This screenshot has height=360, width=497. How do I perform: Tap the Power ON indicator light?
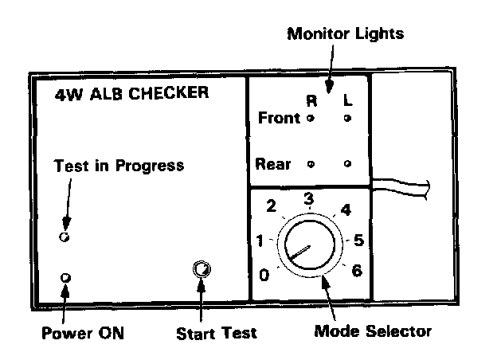point(66,277)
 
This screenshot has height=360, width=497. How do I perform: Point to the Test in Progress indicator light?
point(65,237)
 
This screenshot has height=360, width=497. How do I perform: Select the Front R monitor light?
point(311,119)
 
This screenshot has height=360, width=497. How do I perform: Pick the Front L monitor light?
point(348,119)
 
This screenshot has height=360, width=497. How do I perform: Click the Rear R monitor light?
point(311,164)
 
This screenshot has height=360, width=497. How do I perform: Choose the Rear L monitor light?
point(348,164)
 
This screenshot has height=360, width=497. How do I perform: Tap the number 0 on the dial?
point(264,276)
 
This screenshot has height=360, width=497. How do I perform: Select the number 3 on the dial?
point(309,198)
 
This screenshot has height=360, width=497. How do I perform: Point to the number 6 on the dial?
point(356,271)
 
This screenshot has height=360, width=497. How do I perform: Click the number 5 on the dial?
point(358,239)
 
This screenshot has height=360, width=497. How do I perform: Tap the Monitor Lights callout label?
point(345,34)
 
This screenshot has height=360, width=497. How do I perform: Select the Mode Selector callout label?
point(373,331)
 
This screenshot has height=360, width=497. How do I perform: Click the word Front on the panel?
point(280,119)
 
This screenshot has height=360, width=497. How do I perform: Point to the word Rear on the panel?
point(273,165)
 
